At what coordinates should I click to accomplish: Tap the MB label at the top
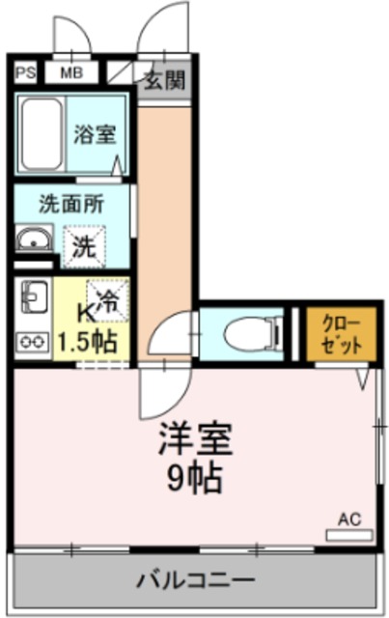[71, 72]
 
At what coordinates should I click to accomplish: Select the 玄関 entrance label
[163, 81]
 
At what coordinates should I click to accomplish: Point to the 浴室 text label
[96, 134]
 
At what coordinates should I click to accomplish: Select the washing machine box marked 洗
[85, 245]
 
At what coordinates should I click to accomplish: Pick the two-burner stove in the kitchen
[33, 341]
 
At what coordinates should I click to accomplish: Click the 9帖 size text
[196, 476]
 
